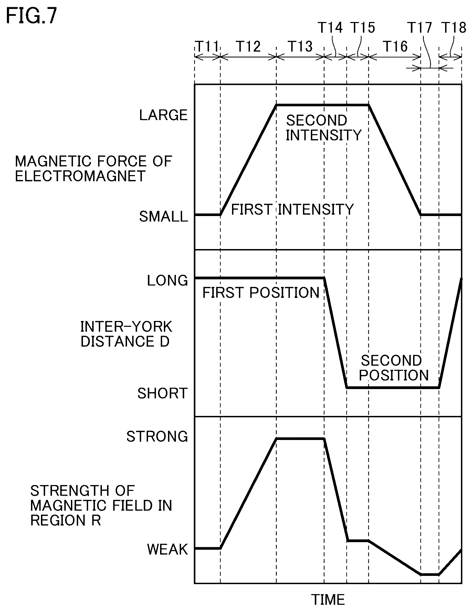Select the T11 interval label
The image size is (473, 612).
[x=207, y=46]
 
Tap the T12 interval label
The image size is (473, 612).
[x=249, y=46]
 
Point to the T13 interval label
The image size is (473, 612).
[x=300, y=46]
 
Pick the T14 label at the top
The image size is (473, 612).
[x=330, y=27]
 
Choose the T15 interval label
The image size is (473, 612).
[x=362, y=27]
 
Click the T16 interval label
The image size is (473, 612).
[x=395, y=46]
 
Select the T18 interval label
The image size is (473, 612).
[x=454, y=27]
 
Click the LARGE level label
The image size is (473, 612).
[x=164, y=115]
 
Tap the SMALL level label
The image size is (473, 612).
[x=164, y=216]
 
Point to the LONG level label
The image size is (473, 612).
[x=168, y=281]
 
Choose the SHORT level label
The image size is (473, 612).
[x=162, y=393]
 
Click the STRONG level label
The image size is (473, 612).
[x=157, y=437]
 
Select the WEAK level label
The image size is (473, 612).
[x=168, y=549]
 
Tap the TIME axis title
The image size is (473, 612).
[x=328, y=600]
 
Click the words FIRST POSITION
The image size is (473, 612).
[x=261, y=293]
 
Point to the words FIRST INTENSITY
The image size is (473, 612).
[x=292, y=210]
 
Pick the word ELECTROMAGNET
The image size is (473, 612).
[x=80, y=176]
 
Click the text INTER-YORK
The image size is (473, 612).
[x=126, y=326]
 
